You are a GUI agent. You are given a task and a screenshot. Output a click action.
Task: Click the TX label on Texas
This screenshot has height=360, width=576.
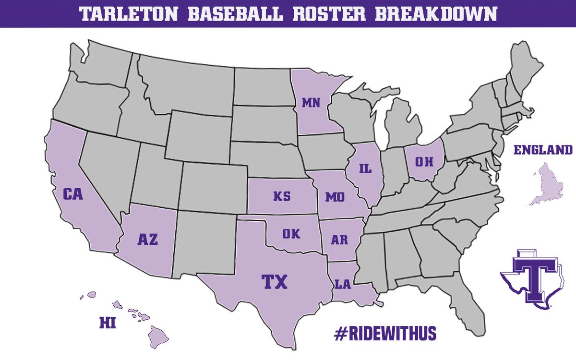[274, 282]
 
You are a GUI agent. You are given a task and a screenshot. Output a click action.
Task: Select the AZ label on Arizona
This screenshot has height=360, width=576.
[147, 240]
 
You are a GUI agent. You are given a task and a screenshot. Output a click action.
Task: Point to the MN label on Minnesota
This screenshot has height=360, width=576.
[311, 102]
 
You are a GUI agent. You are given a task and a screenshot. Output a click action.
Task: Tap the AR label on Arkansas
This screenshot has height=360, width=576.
[339, 240]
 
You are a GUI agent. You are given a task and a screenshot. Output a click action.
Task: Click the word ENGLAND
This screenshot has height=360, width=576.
[543, 150]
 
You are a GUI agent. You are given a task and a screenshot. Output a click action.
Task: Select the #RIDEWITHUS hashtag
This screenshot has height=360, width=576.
[384, 333]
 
